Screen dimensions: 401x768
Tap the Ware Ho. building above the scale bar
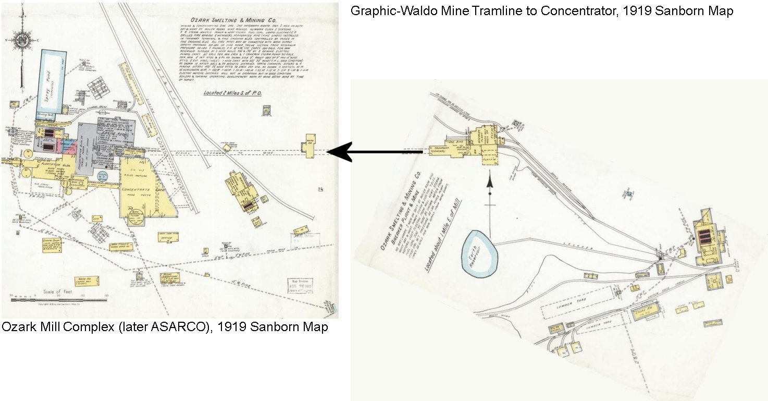(x=85, y=282)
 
